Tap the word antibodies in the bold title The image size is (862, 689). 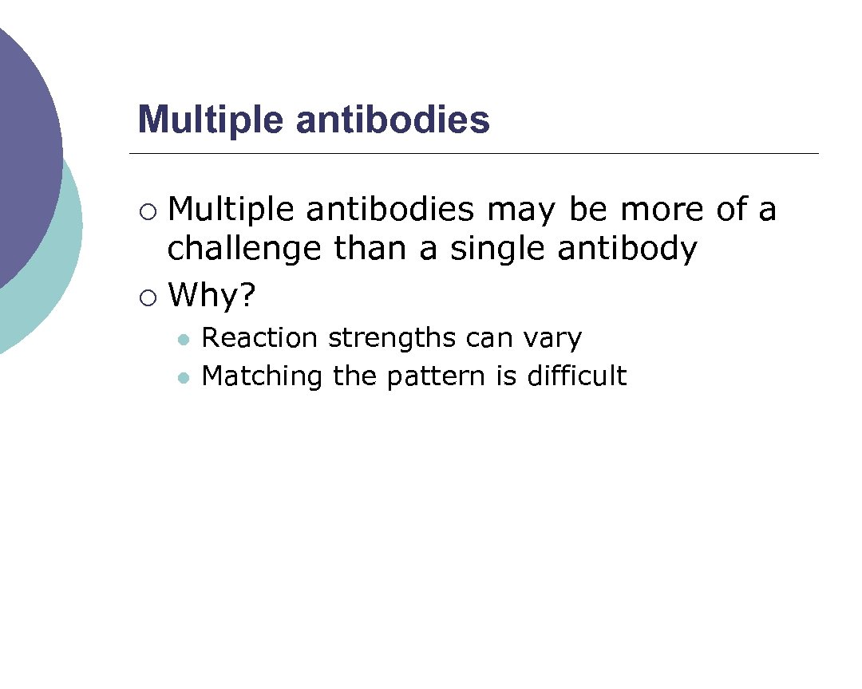click(393, 120)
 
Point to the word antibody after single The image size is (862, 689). click(627, 249)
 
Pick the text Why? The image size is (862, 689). click(212, 297)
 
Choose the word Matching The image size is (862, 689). click(262, 376)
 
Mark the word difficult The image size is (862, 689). click(576, 376)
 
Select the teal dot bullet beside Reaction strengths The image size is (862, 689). click(184, 341)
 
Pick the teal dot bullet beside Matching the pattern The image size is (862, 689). click(184, 378)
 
